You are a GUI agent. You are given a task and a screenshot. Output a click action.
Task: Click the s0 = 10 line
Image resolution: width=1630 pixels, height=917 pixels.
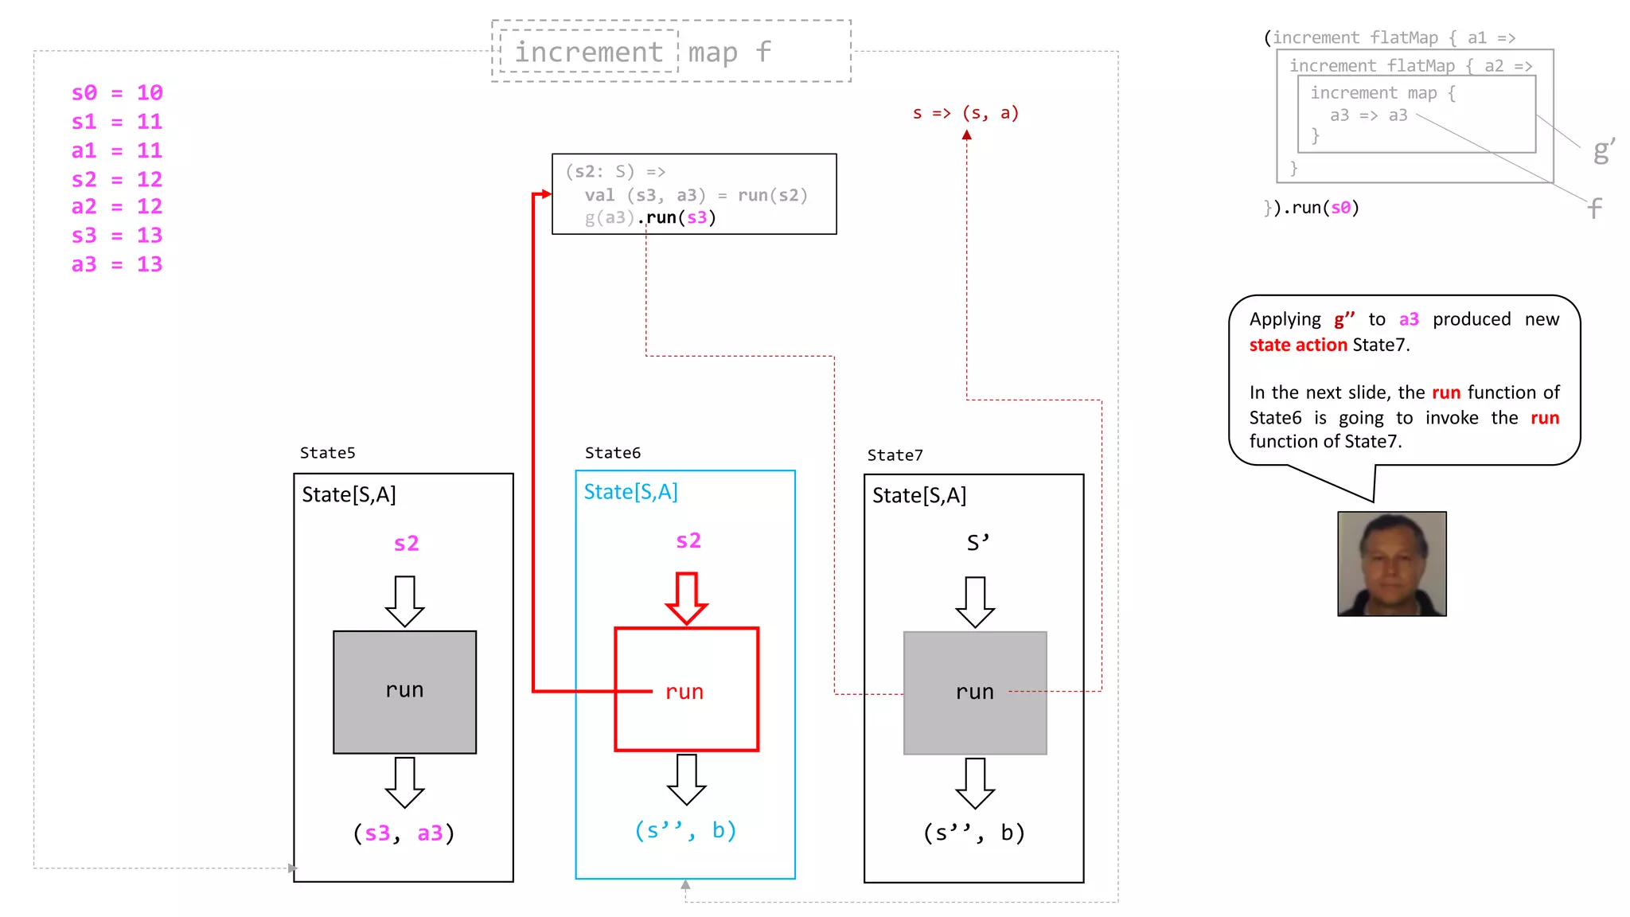117,93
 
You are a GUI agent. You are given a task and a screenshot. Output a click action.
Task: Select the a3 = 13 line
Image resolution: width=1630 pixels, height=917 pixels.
117,264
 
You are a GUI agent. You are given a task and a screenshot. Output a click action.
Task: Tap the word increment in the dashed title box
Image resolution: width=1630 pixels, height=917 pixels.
588,52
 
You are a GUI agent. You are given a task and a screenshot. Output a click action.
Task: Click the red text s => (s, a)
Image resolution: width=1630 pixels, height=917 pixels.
965,113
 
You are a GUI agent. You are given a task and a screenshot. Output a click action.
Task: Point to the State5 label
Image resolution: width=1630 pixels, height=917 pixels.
327,453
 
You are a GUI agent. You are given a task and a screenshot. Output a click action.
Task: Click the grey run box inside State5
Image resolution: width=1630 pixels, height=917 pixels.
404,692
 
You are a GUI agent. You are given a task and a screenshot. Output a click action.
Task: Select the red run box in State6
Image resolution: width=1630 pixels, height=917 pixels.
686,689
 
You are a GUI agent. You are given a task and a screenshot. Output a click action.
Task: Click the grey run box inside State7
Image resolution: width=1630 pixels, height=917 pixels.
974,693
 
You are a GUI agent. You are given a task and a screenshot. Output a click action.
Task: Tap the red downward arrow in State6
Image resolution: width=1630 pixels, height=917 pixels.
686,598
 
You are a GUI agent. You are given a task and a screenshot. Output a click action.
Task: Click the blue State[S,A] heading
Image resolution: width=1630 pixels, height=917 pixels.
630,492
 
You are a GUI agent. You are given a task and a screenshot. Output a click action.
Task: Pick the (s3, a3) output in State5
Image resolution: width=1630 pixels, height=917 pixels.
404,833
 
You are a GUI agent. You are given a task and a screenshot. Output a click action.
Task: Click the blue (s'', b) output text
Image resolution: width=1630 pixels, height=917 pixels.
684,830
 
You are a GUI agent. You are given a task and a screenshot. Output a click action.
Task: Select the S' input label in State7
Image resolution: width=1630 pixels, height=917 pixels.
977,543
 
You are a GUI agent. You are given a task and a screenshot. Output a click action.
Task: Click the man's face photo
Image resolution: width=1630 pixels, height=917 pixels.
1391,564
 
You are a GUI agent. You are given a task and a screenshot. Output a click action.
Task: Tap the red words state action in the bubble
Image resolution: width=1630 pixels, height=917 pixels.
1297,345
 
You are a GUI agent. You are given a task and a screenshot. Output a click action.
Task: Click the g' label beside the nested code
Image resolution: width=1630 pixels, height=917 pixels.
1603,150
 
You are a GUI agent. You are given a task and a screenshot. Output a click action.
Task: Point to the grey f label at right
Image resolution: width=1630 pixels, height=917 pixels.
1594,209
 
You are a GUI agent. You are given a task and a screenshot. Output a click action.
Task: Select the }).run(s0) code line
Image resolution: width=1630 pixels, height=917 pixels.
1312,208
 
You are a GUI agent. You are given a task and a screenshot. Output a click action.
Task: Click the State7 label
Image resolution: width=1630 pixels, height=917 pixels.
895,455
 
